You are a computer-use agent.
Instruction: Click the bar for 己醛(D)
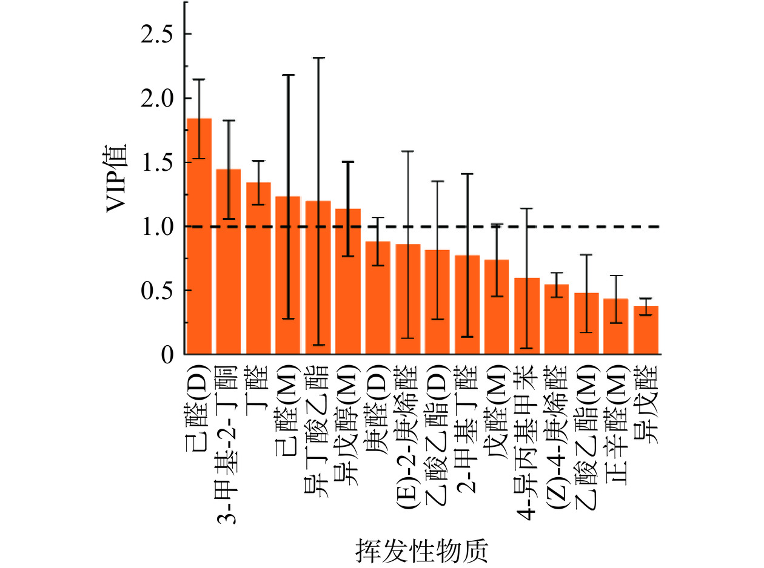tap(199, 236)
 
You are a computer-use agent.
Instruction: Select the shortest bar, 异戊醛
tap(646, 330)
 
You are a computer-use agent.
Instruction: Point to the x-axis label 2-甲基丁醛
tap(467, 423)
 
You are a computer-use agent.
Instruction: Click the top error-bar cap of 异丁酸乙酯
tap(318, 58)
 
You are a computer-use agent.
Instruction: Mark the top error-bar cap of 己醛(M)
tap(289, 75)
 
